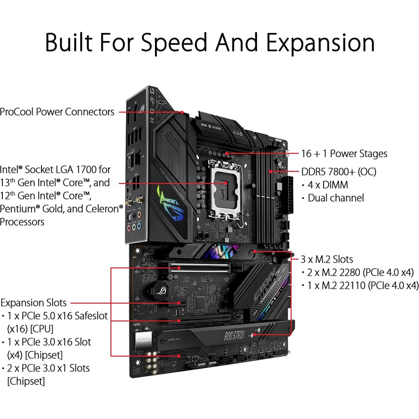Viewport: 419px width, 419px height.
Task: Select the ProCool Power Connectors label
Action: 57,112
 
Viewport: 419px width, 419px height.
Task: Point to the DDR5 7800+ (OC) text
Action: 339,172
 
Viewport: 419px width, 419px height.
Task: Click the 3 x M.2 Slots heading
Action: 326,259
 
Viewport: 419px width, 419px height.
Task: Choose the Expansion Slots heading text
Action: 34,303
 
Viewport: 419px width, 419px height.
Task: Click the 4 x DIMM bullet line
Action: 328,185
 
